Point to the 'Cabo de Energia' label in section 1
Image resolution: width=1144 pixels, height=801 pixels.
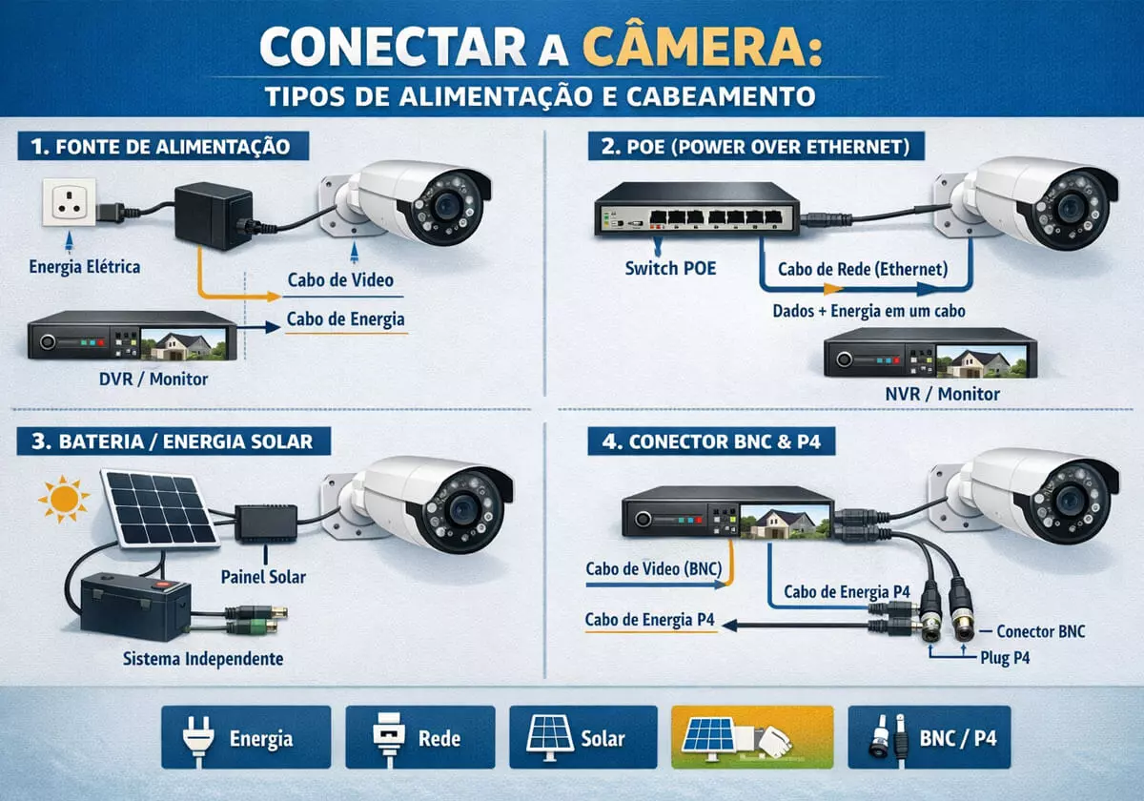tap(346, 319)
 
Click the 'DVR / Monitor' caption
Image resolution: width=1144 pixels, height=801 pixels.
tap(153, 379)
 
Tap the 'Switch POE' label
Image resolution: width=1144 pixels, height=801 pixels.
tap(670, 268)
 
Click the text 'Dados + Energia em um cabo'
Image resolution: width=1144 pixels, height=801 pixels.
tap(868, 312)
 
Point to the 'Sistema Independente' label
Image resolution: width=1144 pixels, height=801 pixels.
tap(203, 659)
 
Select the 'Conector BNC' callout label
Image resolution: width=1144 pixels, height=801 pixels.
tap(1040, 631)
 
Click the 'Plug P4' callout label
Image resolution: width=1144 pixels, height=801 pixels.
tap(1005, 657)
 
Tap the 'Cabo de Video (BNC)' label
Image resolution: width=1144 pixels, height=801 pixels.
tap(654, 570)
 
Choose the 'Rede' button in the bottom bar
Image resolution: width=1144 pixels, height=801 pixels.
tap(419, 737)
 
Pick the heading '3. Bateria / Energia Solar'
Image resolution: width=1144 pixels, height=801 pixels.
tap(173, 442)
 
